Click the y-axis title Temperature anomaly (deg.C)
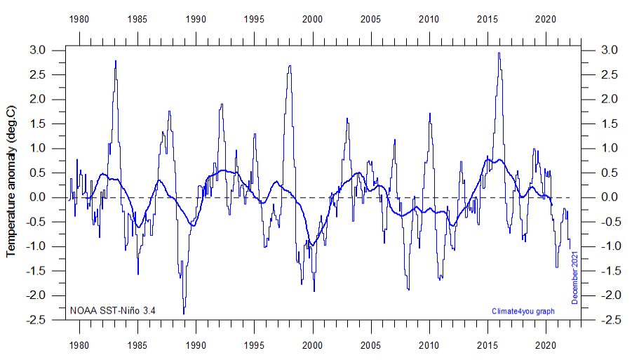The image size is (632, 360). click(11, 182)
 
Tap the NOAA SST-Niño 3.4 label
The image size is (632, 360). click(112, 309)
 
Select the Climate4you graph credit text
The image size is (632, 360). click(523, 310)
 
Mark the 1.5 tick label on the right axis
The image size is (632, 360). click(607, 124)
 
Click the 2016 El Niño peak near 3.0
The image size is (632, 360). click(499, 53)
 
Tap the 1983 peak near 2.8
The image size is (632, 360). click(115, 61)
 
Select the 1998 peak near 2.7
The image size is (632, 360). click(290, 66)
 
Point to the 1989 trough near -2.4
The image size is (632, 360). click(184, 313)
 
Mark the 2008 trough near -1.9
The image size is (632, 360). click(408, 289)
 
